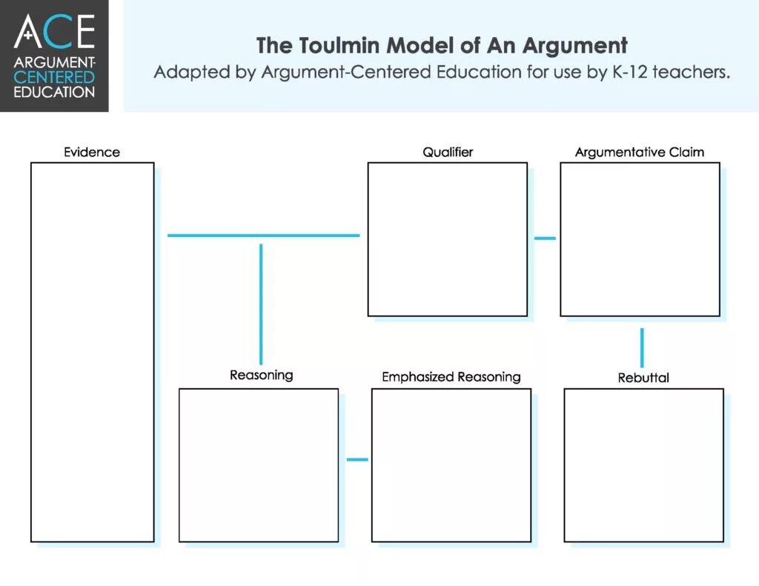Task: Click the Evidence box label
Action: pos(91,153)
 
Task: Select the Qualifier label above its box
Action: pos(448,153)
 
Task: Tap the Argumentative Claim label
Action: pos(639,153)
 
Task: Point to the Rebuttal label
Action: pos(643,378)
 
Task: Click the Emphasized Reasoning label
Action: pos(451,377)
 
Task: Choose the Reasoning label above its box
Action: pos(261,375)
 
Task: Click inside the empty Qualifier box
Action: pos(448,239)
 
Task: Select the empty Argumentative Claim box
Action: pos(640,239)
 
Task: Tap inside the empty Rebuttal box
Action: pos(643,465)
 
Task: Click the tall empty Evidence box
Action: pos(92,352)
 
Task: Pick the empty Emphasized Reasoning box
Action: pos(451,465)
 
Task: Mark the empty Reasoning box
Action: pos(259,465)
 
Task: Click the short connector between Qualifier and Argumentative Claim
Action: pos(545,239)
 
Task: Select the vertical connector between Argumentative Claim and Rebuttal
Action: pos(642,347)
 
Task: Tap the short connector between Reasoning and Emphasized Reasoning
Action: pos(357,459)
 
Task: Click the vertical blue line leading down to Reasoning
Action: pos(261,304)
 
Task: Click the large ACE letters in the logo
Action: pos(55,31)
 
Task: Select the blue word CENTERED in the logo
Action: pos(55,77)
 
